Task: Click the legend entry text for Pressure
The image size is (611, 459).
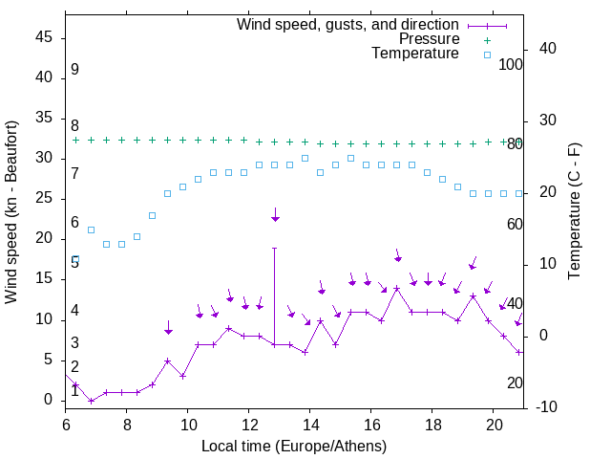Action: [430, 39]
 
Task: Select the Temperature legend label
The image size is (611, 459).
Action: [415, 55]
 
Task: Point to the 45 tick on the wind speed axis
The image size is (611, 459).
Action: [44, 37]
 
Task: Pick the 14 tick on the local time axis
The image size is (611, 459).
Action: [310, 425]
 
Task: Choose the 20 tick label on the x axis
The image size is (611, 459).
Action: [494, 425]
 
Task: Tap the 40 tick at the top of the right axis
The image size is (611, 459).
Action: [548, 49]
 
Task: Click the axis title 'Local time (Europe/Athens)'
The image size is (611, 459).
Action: [293, 446]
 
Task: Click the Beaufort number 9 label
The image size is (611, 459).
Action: [74, 70]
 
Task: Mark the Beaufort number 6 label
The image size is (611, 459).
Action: [74, 223]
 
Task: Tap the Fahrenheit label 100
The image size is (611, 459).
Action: [512, 65]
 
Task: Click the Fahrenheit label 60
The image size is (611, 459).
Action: [515, 224]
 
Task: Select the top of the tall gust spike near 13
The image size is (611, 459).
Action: [275, 248]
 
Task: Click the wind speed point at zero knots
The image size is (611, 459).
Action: [91, 401]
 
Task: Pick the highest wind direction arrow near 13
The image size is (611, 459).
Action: [275, 216]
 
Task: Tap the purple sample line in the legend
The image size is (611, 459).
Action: [486, 24]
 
